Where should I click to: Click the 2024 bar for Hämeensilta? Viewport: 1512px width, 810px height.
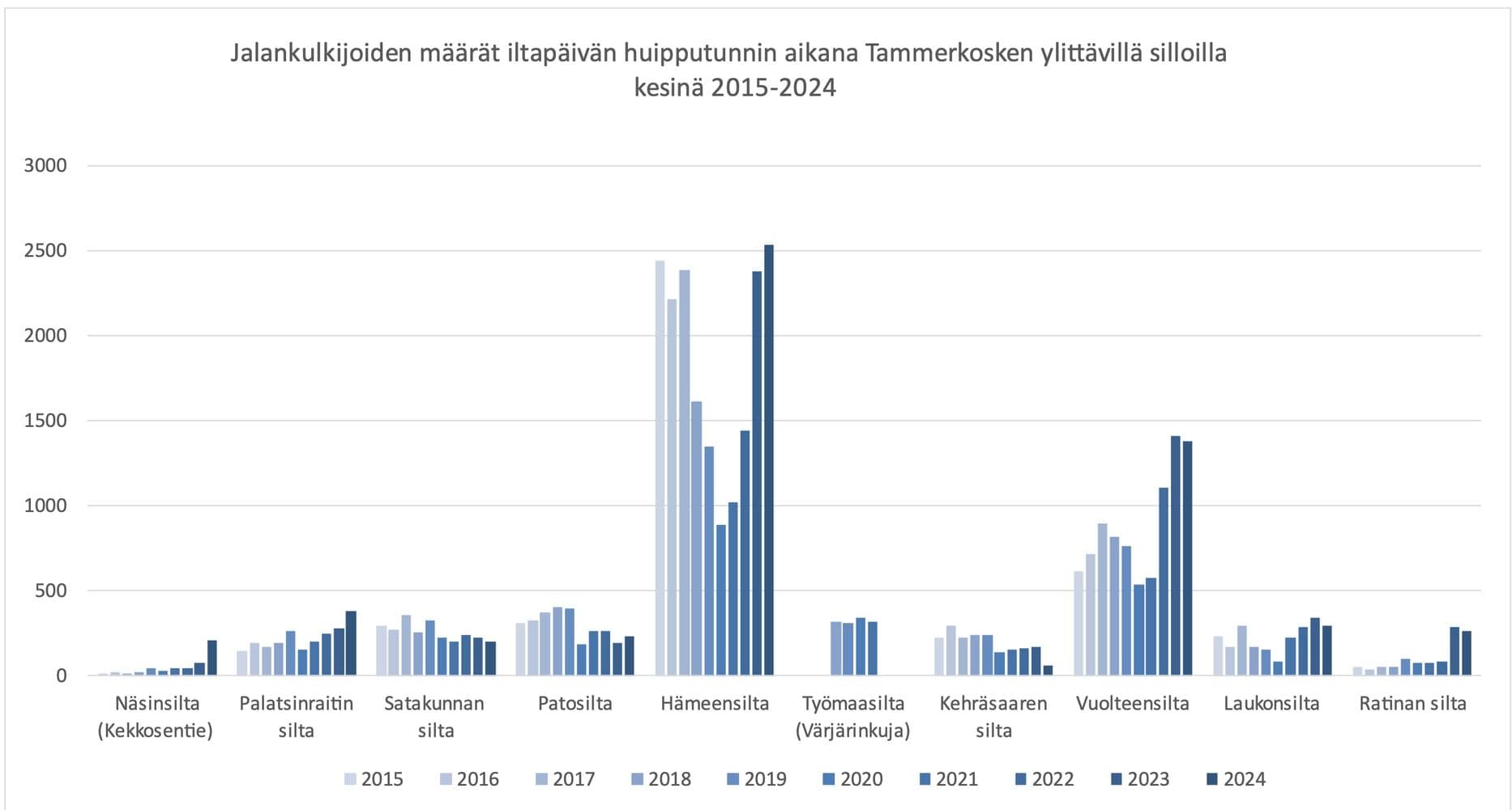tap(769, 462)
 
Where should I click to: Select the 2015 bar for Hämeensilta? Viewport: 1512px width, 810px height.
tap(660, 470)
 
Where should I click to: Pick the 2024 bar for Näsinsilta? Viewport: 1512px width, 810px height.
tap(211, 658)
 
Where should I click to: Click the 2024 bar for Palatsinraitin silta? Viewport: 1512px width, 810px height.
tap(351, 643)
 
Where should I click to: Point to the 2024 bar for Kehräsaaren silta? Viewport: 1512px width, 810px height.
tap(1049, 671)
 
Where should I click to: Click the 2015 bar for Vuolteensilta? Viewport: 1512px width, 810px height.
tap(1078, 624)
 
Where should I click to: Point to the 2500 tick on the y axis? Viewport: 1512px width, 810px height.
tap(45, 251)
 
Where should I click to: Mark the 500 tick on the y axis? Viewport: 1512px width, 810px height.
tap(50, 590)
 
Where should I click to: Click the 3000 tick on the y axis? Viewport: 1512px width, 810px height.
tap(45, 166)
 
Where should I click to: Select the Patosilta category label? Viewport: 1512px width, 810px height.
tap(574, 703)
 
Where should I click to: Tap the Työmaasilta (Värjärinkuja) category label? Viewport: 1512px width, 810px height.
tap(852, 717)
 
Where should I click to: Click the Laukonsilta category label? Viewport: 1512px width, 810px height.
tap(1271, 703)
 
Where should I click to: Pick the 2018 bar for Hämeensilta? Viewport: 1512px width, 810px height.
tap(696, 539)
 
